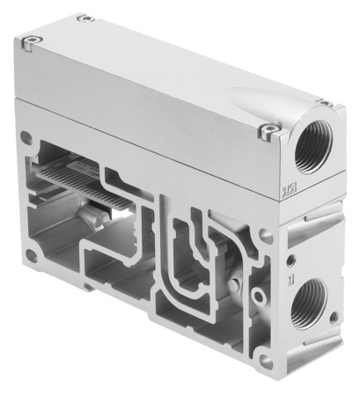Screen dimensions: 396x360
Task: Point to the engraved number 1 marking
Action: click(x=290, y=278)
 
